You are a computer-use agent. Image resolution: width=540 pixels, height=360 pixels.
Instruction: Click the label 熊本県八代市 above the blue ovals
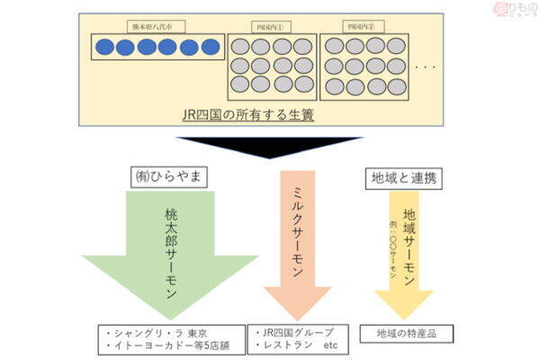click(x=159, y=28)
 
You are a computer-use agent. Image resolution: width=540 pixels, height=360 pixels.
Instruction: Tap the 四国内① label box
click(x=270, y=28)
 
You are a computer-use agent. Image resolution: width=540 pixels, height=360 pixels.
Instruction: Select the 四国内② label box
click(x=364, y=28)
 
